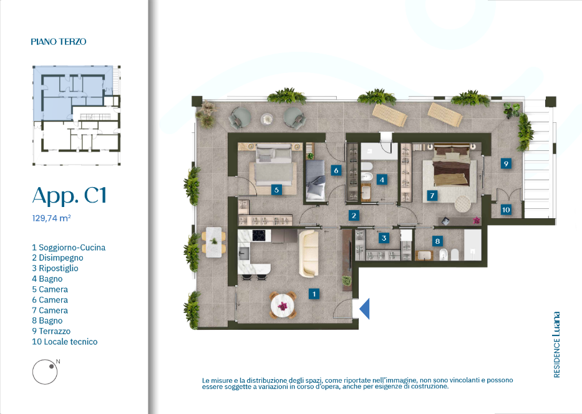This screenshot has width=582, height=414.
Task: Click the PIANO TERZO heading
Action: [x=58, y=42]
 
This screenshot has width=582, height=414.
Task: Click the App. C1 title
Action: [x=69, y=196]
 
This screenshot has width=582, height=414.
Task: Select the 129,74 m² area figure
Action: [x=51, y=218]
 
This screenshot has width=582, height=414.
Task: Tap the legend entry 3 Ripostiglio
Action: [x=55, y=268]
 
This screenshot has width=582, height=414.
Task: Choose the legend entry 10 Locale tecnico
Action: [x=65, y=342]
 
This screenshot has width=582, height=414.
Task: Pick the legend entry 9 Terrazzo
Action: [x=51, y=331]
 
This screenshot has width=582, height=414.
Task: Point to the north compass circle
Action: [x=45, y=372]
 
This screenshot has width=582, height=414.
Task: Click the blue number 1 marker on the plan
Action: [x=314, y=294]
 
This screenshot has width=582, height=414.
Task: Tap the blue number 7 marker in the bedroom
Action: [x=432, y=196]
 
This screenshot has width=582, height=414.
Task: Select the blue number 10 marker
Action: [x=506, y=210]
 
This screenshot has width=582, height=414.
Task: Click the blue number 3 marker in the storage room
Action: [x=384, y=238]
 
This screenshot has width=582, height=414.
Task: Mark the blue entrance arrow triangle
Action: [x=364, y=309]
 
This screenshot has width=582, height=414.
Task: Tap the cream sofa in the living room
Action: [x=309, y=254]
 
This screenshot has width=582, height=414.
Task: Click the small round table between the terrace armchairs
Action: [x=267, y=118]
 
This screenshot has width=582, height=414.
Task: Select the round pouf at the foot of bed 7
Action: [x=462, y=204]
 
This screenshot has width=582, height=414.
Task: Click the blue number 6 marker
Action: [x=336, y=170]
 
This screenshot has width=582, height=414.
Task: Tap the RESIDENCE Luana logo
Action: [x=556, y=345]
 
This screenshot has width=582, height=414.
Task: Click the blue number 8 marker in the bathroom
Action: [x=437, y=241]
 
